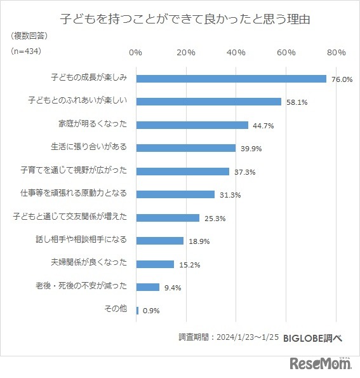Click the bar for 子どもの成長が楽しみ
(x=231, y=79)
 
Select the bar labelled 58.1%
(x=208, y=102)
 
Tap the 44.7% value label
(x=263, y=126)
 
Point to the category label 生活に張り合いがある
(x=89, y=147)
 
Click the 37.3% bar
(x=183, y=171)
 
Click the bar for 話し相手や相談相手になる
(x=160, y=241)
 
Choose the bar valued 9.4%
(x=148, y=287)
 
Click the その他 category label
(x=115, y=309)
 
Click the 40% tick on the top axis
(x=236, y=53)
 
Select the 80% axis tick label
(x=337, y=53)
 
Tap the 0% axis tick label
(x=135, y=53)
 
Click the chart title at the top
(x=180, y=18)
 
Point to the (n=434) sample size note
(x=28, y=51)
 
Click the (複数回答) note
(x=29, y=36)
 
